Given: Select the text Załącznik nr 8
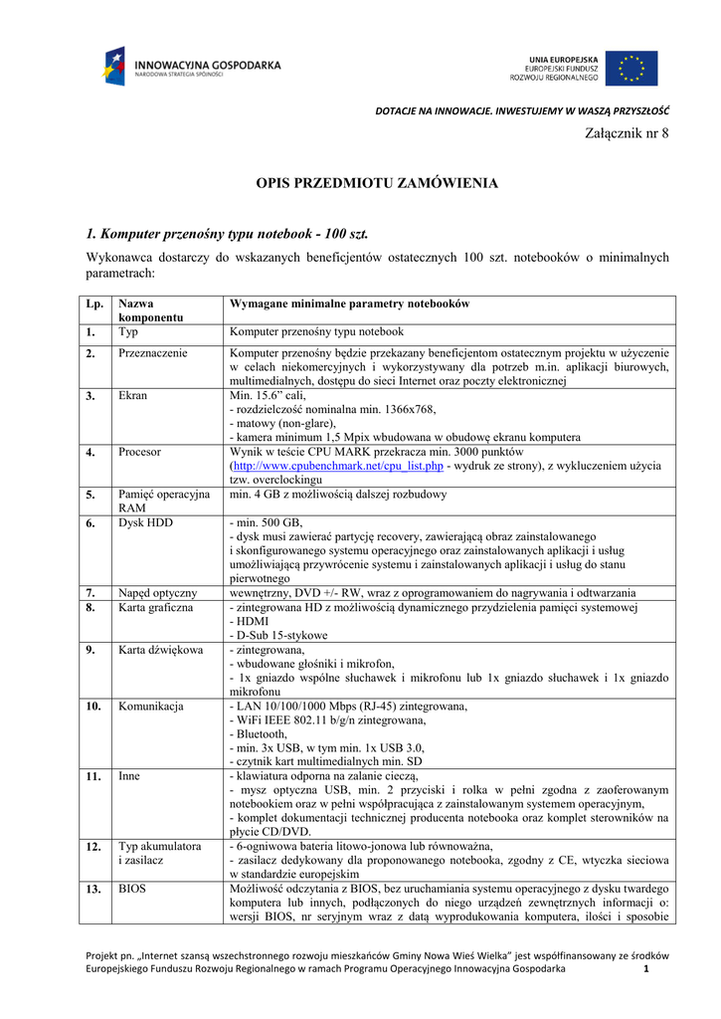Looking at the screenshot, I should pos(625,133).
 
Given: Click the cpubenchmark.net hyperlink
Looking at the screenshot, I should pos(337,465).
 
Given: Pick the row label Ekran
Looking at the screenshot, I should pos(132,395).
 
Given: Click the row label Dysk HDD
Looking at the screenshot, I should pos(145,522).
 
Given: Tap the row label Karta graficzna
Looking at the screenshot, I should pos(156,606).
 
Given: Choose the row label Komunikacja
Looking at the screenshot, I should pos(150,707).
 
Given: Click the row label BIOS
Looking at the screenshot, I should pos(133,889).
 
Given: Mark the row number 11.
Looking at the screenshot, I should pos(93,775).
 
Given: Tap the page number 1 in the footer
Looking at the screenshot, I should pos(645,968).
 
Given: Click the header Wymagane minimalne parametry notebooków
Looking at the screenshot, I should pos(349,304).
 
